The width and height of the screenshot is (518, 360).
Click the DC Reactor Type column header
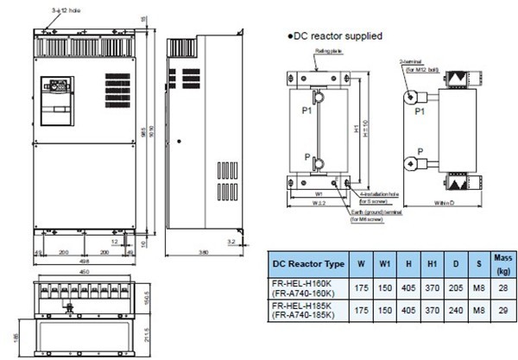pos(308,263)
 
